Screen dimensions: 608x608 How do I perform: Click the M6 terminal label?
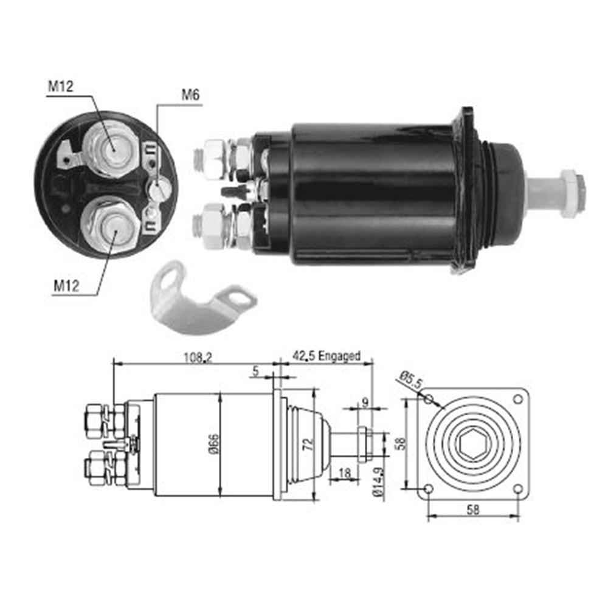tap(190, 95)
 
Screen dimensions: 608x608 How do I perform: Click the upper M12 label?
tap(60, 86)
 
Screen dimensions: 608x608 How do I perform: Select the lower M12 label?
tap(66, 286)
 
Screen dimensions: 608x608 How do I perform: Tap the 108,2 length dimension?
tap(198, 357)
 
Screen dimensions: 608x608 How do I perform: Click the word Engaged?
tap(339, 356)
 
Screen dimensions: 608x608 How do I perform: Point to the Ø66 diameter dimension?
tap(215, 444)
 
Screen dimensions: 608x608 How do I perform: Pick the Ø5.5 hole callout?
tap(410, 381)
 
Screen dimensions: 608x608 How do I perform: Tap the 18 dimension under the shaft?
tap(344, 472)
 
